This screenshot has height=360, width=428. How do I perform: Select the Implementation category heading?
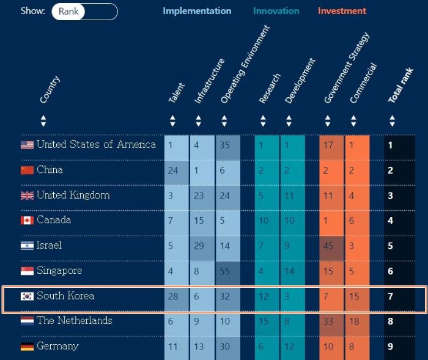tap(197, 11)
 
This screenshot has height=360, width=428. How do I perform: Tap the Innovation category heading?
tap(276, 11)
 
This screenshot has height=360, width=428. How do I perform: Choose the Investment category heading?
tap(342, 11)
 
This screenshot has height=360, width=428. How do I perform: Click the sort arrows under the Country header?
tap(43, 120)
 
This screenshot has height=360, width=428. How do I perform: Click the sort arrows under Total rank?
tap(392, 120)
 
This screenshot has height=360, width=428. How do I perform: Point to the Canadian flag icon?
tap(27, 220)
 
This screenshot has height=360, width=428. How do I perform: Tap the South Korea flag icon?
tap(27, 296)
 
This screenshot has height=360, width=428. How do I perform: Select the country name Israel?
tap(49, 245)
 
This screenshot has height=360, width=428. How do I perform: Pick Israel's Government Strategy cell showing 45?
tap(331, 246)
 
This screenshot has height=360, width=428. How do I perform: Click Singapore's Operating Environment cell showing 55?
tap(227, 271)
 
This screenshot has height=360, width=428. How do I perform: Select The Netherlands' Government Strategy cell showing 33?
tap(331, 321)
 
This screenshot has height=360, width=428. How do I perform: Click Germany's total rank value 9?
tap(391, 347)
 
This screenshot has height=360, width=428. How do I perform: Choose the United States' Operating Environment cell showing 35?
tap(227, 145)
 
